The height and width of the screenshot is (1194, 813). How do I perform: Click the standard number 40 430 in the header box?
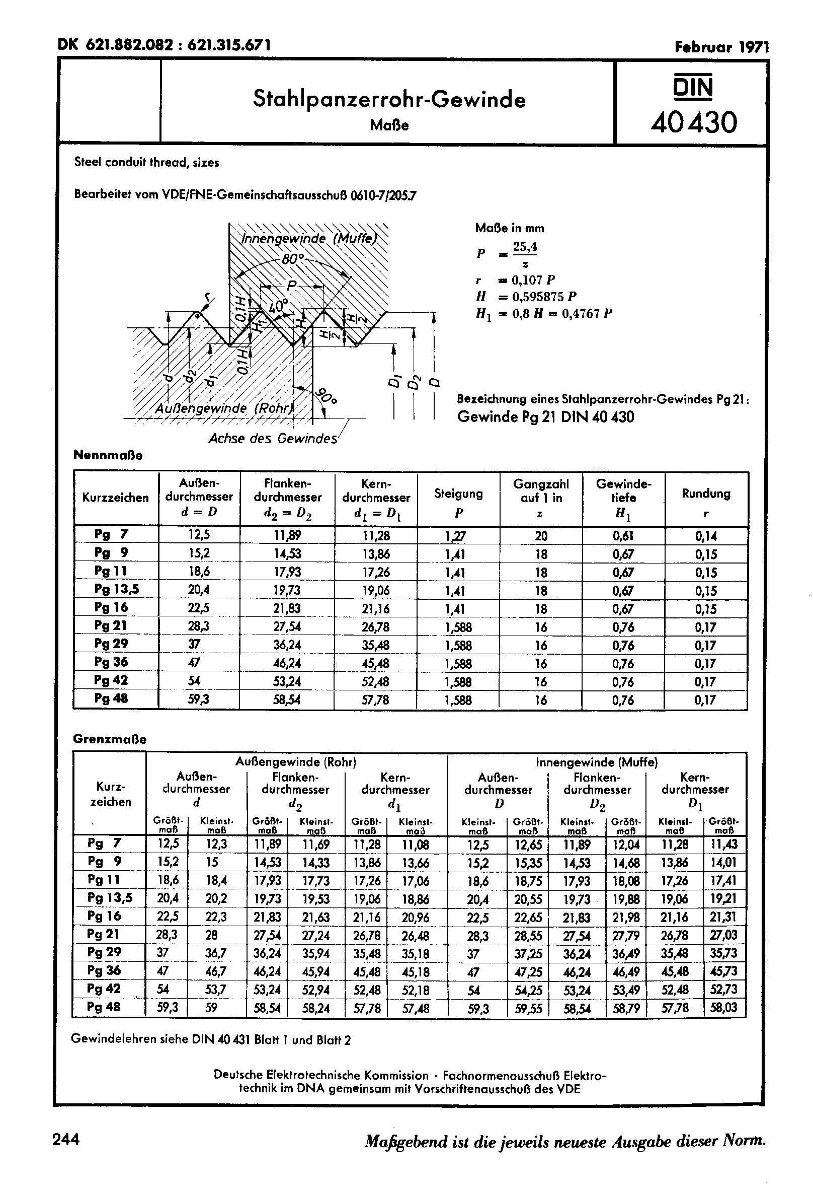(693, 123)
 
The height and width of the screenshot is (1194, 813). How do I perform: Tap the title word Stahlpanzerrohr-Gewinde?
(389, 99)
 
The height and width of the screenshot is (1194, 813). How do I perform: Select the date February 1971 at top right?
(721, 47)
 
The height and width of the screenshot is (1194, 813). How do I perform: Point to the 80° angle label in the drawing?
(293, 259)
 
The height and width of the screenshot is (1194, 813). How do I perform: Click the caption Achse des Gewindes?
(273, 439)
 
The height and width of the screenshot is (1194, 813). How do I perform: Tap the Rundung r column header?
(706, 502)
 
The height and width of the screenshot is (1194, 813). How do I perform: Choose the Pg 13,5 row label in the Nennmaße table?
(117, 589)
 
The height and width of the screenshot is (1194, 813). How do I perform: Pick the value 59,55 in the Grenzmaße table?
(528, 1008)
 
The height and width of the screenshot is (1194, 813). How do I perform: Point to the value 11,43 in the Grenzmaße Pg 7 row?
(723, 844)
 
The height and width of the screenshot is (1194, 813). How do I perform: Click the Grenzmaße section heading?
(110, 739)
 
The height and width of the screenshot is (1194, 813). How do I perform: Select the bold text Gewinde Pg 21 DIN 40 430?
(545, 416)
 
